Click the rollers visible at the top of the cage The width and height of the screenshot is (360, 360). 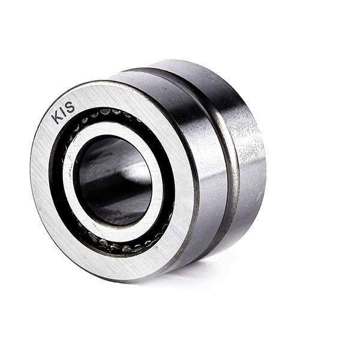click(x=114, y=113)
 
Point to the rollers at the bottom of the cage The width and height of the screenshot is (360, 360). click(x=120, y=246)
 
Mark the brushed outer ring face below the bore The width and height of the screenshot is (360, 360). click(x=120, y=267)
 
